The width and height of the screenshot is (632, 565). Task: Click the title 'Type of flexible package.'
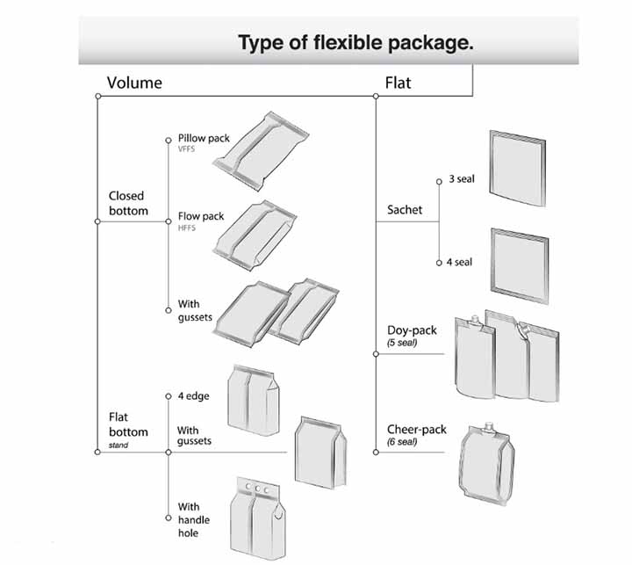(x=355, y=43)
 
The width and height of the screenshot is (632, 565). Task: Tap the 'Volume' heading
(x=134, y=83)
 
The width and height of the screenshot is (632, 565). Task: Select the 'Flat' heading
(x=398, y=83)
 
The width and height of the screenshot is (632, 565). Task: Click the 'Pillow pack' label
(x=204, y=139)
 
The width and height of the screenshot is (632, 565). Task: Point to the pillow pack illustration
(x=261, y=151)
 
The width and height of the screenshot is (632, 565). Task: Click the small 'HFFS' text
(x=187, y=228)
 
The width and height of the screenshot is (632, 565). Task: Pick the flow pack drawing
(x=255, y=235)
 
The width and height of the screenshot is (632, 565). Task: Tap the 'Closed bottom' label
(x=128, y=203)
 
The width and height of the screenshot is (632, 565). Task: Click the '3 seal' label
(x=462, y=178)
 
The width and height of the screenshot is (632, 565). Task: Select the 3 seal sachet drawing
(x=518, y=168)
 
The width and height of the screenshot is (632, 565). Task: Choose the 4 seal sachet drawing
(x=520, y=266)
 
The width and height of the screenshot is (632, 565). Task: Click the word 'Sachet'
(x=405, y=210)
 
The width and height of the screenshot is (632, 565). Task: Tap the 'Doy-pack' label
(x=412, y=330)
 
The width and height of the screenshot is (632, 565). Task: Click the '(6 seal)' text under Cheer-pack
(x=402, y=441)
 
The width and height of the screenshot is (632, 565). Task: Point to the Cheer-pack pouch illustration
(x=486, y=464)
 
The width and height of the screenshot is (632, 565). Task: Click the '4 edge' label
(x=193, y=396)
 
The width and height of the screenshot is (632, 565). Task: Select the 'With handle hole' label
(x=194, y=520)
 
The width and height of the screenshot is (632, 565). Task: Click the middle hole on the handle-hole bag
(x=257, y=489)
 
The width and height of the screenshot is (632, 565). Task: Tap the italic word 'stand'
(x=118, y=445)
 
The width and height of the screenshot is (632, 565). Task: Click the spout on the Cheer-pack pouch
(x=489, y=426)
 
